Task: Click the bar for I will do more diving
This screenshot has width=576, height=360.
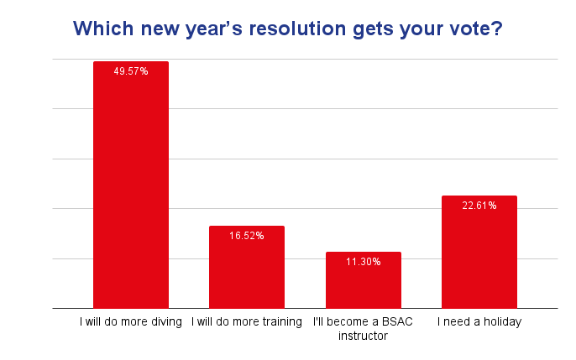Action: pos(130,185)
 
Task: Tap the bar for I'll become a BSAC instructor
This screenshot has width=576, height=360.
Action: pos(363,280)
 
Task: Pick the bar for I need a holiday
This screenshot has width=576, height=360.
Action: pos(479,252)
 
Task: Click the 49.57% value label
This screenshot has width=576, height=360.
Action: pos(130,71)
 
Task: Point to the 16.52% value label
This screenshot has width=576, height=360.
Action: pos(247,236)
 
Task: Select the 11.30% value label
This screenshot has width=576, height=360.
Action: pos(363,262)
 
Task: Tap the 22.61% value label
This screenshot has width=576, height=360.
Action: pos(479,206)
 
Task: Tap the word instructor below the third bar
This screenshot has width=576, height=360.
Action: pos(363,336)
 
